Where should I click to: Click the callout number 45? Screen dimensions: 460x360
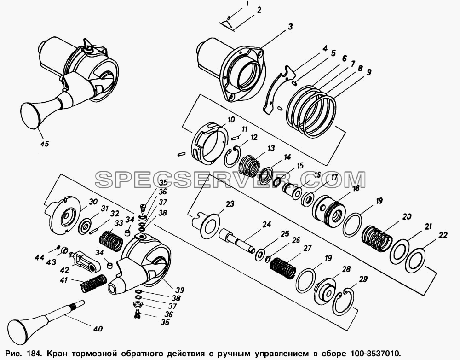click(44, 144)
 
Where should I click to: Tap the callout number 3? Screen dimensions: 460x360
click(290, 27)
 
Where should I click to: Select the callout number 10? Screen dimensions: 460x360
click(231, 120)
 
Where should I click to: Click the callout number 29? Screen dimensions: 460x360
click(363, 279)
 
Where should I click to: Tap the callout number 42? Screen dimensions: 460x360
click(64, 270)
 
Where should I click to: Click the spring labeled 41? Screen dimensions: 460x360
click(93, 283)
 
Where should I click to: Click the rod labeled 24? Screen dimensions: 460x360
click(238, 239)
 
